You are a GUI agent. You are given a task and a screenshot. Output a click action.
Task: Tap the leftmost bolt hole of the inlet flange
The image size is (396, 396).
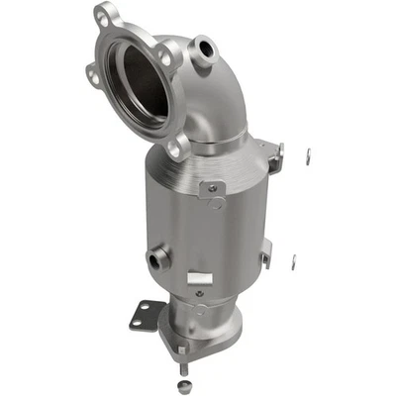click(92, 74)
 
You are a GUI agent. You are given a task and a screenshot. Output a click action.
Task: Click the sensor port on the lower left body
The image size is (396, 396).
click(154, 259)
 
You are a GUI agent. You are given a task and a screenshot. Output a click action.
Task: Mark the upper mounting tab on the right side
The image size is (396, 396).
click(271, 154)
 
